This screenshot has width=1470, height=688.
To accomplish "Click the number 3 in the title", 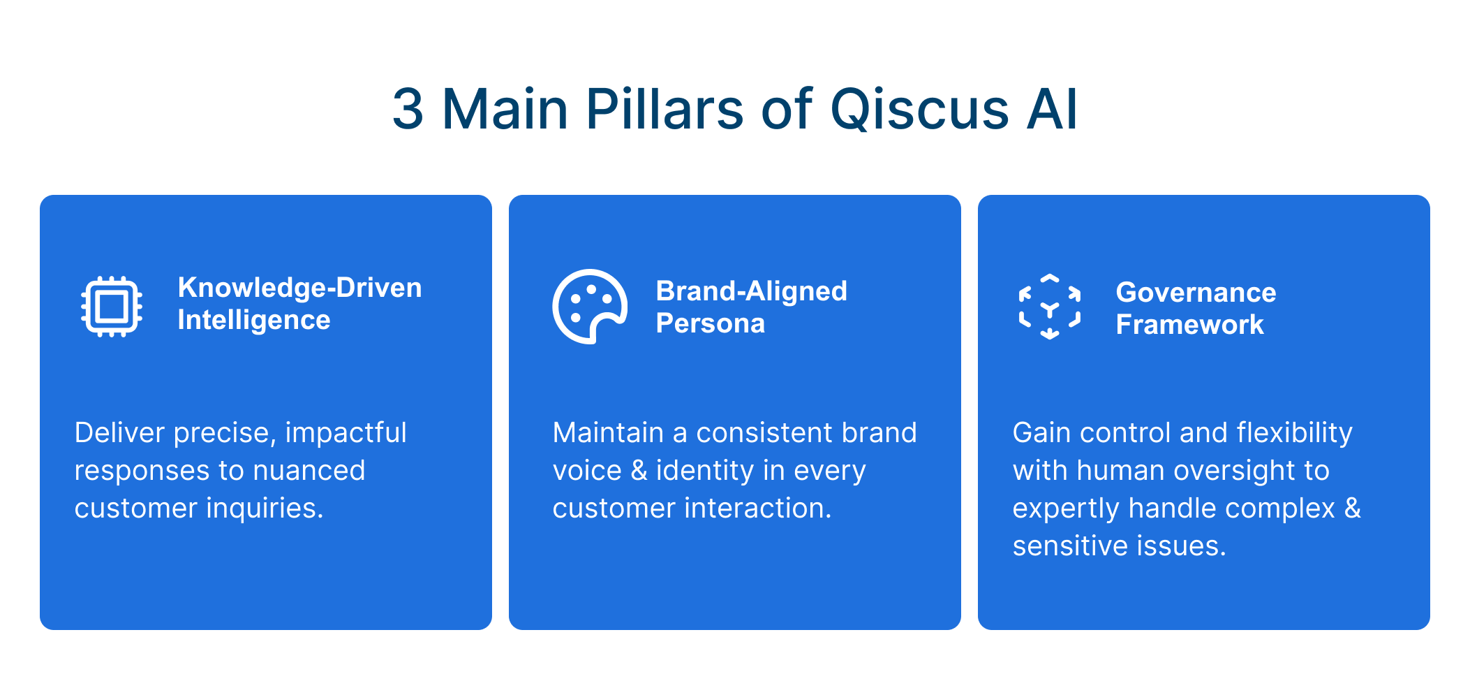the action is [408, 109].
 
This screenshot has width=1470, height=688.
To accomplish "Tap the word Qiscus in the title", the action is [919, 110].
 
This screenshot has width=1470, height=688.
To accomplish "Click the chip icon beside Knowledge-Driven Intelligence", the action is [112, 307].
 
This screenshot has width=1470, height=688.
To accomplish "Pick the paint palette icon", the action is [590, 307].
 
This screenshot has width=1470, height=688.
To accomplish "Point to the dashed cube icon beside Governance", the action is [1050, 307].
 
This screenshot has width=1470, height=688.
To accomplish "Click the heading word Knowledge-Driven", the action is [299, 288].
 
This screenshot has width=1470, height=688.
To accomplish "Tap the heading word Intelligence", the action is [254, 321].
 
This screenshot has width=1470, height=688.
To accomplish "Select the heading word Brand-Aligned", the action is [752, 291].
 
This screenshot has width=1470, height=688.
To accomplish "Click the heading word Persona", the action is [711, 323].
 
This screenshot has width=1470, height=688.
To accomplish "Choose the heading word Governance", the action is [1196, 292].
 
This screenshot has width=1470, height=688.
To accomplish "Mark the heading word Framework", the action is [1189, 325].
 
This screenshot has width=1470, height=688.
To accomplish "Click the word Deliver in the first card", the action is [119, 433].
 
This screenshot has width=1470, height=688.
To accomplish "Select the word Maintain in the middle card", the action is [608, 433].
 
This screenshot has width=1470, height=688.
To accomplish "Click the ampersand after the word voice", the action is [639, 471].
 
